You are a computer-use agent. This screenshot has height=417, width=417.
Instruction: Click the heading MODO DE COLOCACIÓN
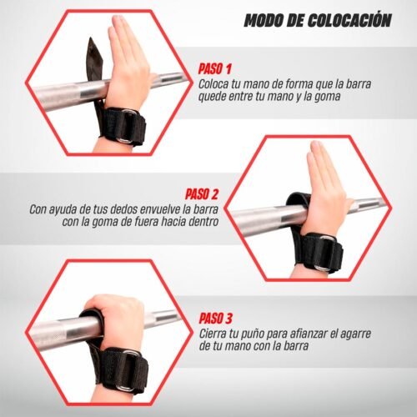pyautogui.click(x=317, y=20)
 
